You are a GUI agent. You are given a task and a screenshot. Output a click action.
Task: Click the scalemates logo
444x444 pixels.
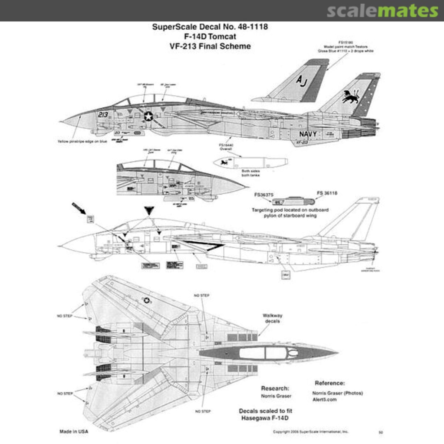(x=382, y=11)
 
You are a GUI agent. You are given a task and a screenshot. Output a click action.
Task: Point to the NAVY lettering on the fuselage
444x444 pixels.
(x=308, y=134)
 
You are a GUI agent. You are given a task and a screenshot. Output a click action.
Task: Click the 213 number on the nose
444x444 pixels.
(x=103, y=115)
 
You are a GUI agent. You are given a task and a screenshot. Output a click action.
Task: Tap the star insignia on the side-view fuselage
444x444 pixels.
(x=148, y=116)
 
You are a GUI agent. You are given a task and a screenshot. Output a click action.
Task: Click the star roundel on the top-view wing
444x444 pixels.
(x=147, y=300)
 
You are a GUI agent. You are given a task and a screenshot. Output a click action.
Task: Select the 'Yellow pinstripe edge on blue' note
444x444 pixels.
(x=83, y=141)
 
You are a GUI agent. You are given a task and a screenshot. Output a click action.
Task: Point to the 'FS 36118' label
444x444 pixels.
(x=327, y=193)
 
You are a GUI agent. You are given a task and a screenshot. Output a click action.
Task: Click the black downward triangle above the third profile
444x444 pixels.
(x=148, y=211)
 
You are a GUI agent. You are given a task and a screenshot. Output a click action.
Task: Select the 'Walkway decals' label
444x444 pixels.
(x=273, y=318)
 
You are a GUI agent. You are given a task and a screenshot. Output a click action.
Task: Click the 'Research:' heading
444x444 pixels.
(x=275, y=388)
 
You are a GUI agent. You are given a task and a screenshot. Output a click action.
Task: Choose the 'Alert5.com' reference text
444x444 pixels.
(x=324, y=399)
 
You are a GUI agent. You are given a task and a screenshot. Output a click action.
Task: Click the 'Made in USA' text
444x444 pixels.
(x=74, y=432)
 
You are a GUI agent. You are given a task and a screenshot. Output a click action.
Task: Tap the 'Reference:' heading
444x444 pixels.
(x=330, y=383)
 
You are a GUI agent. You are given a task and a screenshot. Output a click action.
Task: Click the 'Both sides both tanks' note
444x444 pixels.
(x=251, y=173)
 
